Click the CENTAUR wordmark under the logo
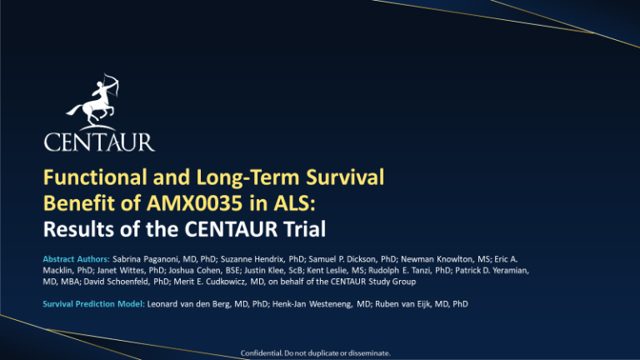[99, 142]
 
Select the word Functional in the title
[95, 177]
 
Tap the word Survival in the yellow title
[345, 177]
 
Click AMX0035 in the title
[195, 202]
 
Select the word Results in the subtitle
[78, 228]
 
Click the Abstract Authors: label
[77, 259]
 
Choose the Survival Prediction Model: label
[94, 304]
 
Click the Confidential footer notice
[316, 353]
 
